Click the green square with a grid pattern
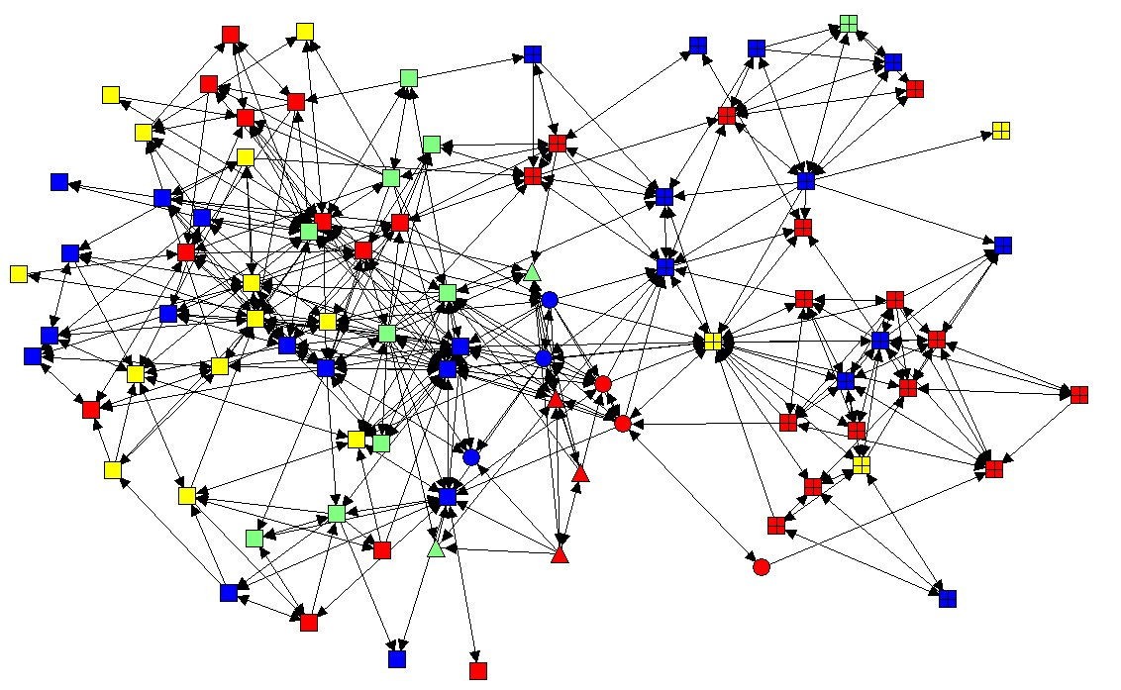point(849,23)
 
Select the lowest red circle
point(762,567)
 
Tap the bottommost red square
point(478,671)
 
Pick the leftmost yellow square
point(18,274)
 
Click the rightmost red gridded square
point(1079,394)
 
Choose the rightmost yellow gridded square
point(1001,131)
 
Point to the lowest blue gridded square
point(948,598)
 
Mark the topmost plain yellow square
point(305,32)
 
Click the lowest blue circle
point(471,457)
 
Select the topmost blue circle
point(550,299)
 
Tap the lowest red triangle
point(560,554)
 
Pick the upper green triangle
point(532,271)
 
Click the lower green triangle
point(436,547)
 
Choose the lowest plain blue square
point(397,658)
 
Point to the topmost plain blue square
point(533,54)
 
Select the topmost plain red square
point(231,36)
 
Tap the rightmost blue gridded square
point(1003,246)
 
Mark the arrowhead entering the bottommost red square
point(476,659)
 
